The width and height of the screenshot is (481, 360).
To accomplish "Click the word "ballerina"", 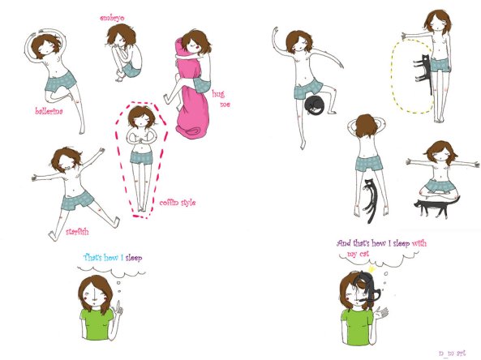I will [x=50, y=112].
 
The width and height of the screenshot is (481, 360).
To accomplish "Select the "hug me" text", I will [x=221, y=99].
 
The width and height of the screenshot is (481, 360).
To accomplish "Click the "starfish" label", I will [x=81, y=231].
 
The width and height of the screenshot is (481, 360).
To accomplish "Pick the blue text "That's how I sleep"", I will [x=113, y=259].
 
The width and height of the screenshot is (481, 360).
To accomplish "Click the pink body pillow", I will [x=192, y=97].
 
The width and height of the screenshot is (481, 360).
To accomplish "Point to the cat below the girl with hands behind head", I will [x=371, y=198].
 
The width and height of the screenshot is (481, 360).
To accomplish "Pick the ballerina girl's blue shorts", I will [x=62, y=79].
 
